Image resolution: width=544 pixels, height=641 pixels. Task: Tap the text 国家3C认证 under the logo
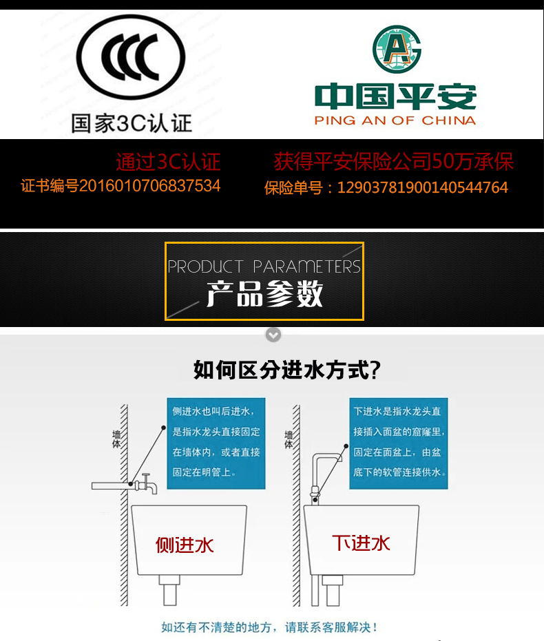[132, 124]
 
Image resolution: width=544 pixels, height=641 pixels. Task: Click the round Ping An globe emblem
[396, 50]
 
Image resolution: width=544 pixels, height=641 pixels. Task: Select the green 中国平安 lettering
[395, 97]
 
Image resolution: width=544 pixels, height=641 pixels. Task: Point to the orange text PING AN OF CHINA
[395, 120]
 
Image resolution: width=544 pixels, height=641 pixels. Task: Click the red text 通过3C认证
[168, 162]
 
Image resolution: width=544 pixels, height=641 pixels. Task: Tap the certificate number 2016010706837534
[121, 186]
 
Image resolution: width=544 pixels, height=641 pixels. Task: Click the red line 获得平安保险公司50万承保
[393, 162]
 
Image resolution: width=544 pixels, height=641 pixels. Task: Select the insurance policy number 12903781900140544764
[386, 187]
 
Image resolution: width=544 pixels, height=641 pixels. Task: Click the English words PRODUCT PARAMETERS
[264, 266]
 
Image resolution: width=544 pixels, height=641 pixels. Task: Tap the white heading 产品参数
[264, 295]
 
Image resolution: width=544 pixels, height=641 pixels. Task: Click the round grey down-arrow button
[273, 335]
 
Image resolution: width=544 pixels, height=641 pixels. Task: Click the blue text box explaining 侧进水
[216, 443]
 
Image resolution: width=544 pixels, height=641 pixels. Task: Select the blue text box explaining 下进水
[399, 443]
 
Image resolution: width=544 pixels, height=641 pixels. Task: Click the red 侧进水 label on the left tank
[185, 545]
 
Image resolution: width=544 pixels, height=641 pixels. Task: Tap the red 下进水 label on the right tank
[362, 543]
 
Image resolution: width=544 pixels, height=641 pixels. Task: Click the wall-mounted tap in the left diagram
[146, 484]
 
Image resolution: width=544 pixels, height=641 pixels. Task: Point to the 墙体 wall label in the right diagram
[289, 440]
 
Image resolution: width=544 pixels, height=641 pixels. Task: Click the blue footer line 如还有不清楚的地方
[269, 627]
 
